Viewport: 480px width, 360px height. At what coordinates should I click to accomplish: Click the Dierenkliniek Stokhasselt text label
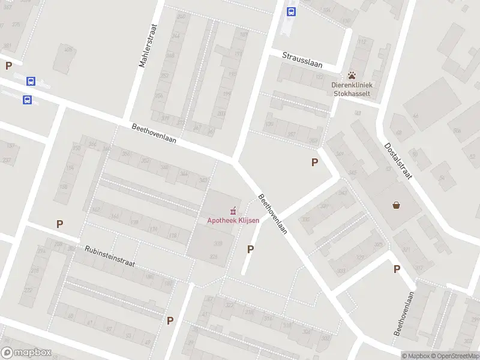[x=352, y=89]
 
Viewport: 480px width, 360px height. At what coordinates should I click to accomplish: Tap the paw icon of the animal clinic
[x=352, y=76]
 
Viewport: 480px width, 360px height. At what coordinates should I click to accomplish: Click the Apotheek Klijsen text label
[x=233, y=220]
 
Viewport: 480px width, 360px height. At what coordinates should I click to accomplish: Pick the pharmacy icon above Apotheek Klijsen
[x=233, y=211]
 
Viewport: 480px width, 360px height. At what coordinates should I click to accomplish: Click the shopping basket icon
[x=396, y=205]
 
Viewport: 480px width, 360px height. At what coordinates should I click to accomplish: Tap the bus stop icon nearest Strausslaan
[x=292, y=11]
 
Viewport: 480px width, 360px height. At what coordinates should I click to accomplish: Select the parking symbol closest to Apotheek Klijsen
[x=250, y=249]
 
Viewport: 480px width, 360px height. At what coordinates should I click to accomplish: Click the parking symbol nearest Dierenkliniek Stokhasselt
[x=314, y=162]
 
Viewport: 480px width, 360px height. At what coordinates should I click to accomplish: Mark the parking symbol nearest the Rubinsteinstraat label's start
[x=59, y=224]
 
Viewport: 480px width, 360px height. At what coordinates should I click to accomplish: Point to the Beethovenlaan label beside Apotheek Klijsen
[x=273, y=214]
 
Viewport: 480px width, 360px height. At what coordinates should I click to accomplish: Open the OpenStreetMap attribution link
[x=454, y=356]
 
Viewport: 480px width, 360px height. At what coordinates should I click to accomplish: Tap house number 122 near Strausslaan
[x=319, y=77]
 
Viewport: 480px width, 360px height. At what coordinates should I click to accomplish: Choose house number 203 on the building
[x=221, y=113]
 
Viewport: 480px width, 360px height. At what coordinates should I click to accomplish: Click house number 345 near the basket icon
[x=352, y=173]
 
